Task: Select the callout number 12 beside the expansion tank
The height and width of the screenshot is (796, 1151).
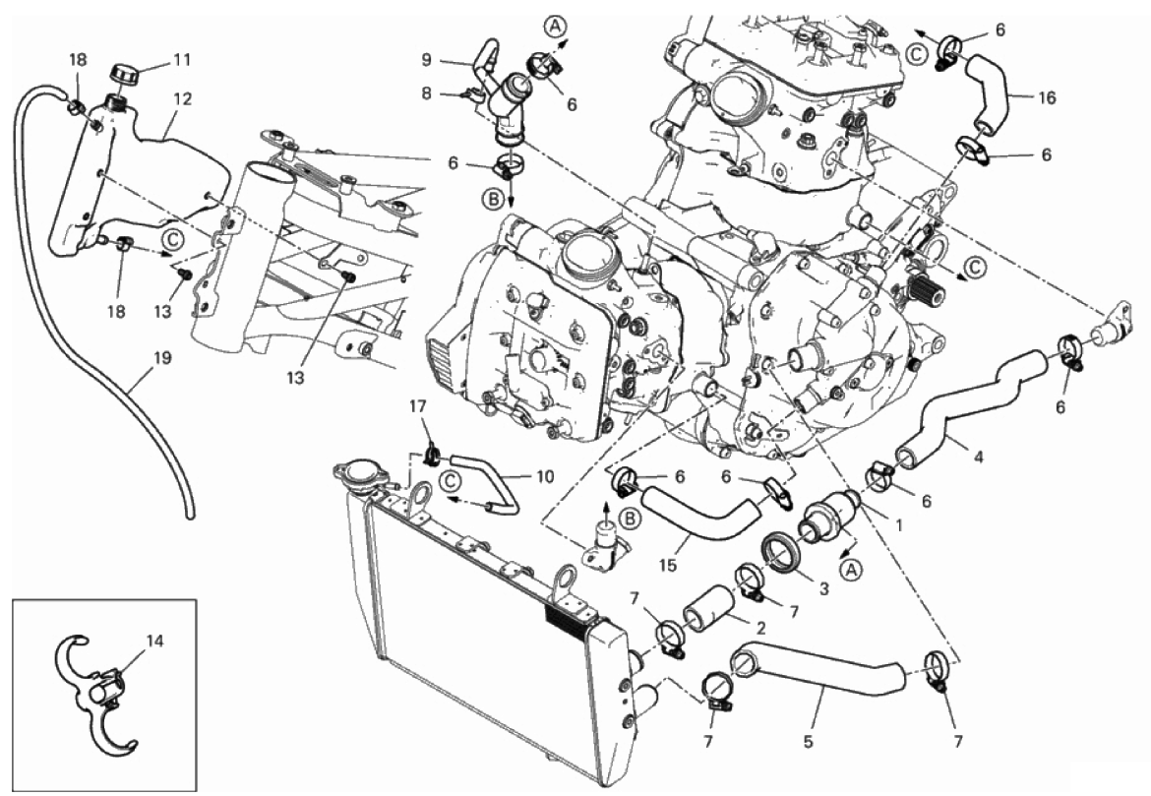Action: coord(183,99)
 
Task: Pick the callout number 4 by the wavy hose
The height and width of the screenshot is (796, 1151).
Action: coord(977,457)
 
